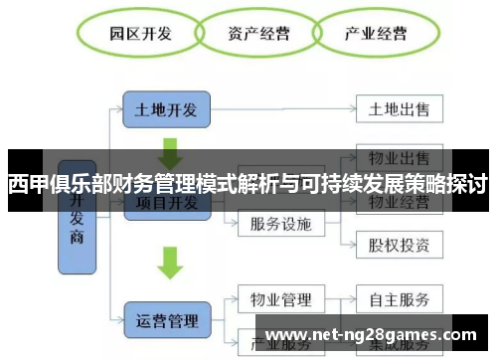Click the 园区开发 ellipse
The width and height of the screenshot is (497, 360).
140,35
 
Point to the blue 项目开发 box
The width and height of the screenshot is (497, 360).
167,205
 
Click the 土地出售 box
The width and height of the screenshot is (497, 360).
399,106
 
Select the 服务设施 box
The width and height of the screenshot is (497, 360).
281,223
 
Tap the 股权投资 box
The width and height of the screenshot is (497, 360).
399,244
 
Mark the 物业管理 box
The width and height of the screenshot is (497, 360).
281,298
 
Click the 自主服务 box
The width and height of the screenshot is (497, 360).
399,298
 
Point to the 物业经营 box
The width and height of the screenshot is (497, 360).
399,204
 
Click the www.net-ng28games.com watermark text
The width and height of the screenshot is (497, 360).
373,333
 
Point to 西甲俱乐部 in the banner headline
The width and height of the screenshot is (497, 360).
49,184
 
